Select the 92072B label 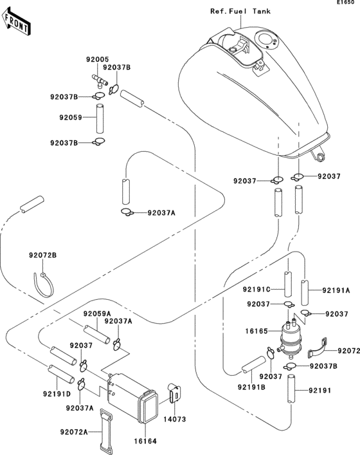[42, 255]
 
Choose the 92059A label [97, 313]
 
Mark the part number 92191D [57, 394]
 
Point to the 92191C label [260, 290]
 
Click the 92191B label [251, 387]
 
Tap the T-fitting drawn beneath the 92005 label [100, 80]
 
